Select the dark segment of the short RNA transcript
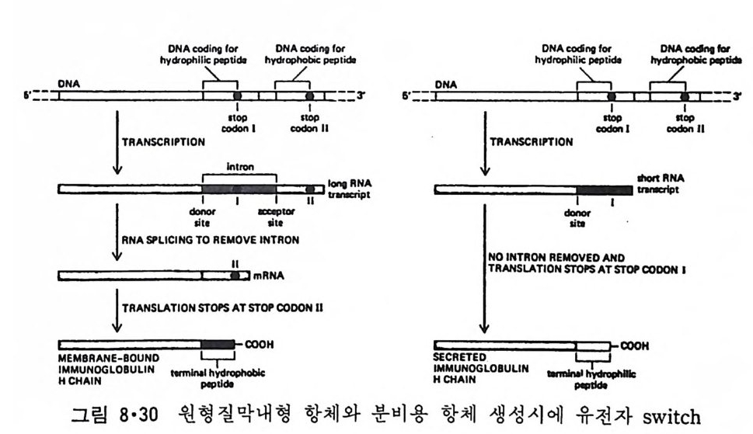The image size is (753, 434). coord(604,189)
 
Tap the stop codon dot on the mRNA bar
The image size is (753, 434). coord(234,275)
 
